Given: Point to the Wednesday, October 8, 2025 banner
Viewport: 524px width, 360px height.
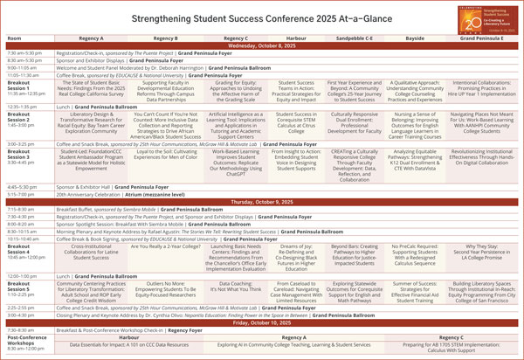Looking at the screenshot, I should click(x=262, y=48).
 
